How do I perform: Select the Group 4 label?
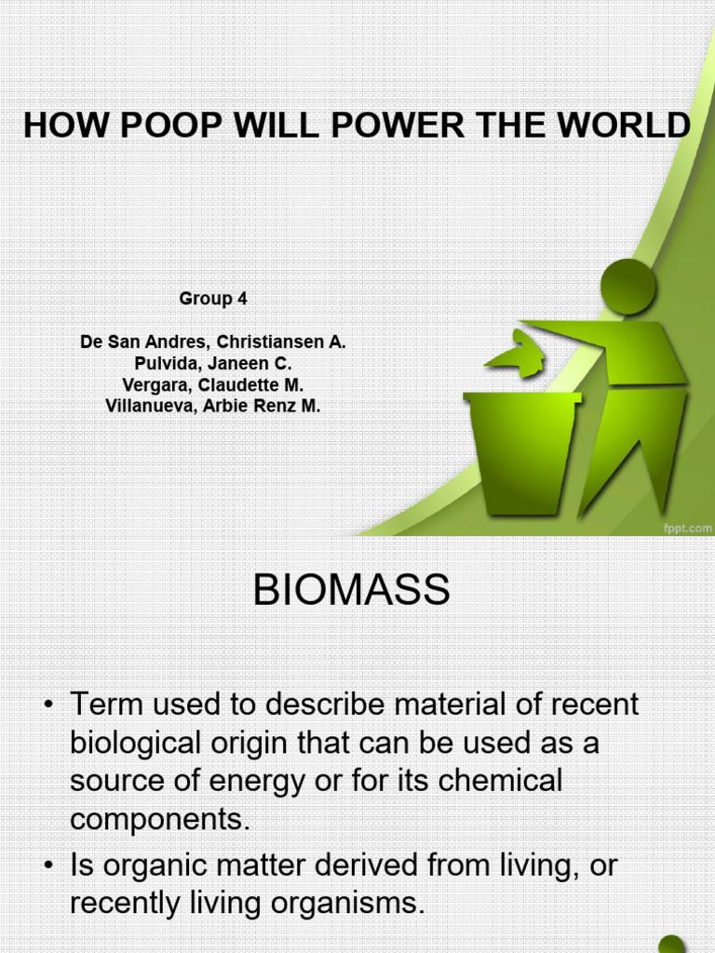[x=212, y=299]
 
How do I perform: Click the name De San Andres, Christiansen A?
[x=212, y=342]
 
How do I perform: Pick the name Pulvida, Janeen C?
[x=212, y=363]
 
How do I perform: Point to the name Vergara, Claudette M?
[x=212, y=384]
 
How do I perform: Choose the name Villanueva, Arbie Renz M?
[x=212, y=406]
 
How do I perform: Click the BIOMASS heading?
[x=351, y=591]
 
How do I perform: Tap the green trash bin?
[x=521, y=451]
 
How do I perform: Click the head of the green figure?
[x=628, y=287]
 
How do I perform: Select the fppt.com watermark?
[x=686, y=528]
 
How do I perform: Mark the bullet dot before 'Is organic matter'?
[x=48, y=866]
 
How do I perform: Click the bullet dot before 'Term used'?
[x=48, y=705]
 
